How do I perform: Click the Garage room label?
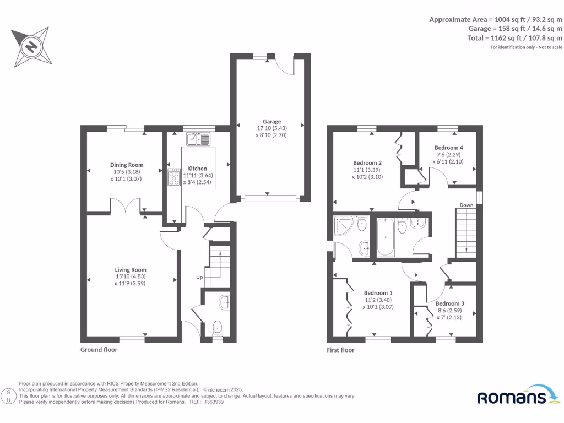pyautogui.click(x=272, y=122)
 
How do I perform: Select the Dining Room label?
pyautogui.click(x=127, y=165)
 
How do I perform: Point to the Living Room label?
pyautogui.click(x=131, y=270)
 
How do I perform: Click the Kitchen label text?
pyautogui.click(x=197, y=169)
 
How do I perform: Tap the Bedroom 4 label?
pyautogui.click(x=448, y=148)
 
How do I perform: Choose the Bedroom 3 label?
pyautogui.click(x=449, y=303)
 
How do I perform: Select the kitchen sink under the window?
pyautogui.click(x=197, y=139)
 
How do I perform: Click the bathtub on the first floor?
pyautogui.click(x=386, y=237)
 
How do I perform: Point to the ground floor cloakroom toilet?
pyautogui.click(x=217, y=328)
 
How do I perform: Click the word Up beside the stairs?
pyautogui.click(x=199, y=277)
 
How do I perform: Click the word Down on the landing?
pyautogui.click(x=467, y=205)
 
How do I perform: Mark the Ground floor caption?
pyautogui.click(x=99, y=349)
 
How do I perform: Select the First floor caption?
pyautogui.click(x=340, y=350)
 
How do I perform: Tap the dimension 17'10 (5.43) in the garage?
pyautogui.click(x=272, y=128)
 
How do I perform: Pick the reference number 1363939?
pyautogui.click(x=214, y=402)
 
